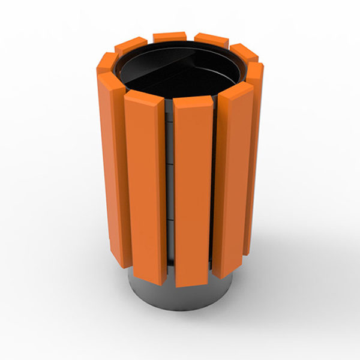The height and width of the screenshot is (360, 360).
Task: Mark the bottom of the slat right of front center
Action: [x=232, y=273]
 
